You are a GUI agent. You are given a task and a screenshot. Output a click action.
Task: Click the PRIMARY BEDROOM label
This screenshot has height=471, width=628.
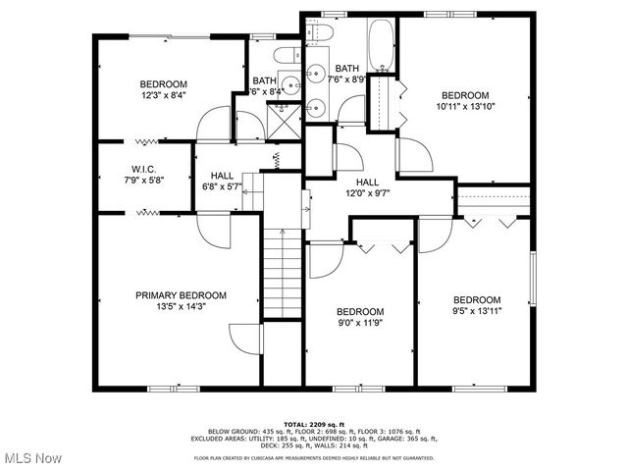coord(181,295)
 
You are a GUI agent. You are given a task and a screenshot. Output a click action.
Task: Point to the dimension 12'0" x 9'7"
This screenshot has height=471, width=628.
coord(367,193)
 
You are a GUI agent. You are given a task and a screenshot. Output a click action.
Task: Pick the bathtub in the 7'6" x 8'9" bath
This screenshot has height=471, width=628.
coord(382,45)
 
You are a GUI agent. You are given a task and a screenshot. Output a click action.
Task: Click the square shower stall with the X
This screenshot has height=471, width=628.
coord(285,121)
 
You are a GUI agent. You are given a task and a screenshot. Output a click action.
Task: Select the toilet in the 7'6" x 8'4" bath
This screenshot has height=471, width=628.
coord(288,55)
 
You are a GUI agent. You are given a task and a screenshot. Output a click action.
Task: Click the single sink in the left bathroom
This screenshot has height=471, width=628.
coord(291,83)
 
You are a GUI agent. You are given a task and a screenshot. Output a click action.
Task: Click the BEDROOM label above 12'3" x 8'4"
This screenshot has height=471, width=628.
coord(163,84)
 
